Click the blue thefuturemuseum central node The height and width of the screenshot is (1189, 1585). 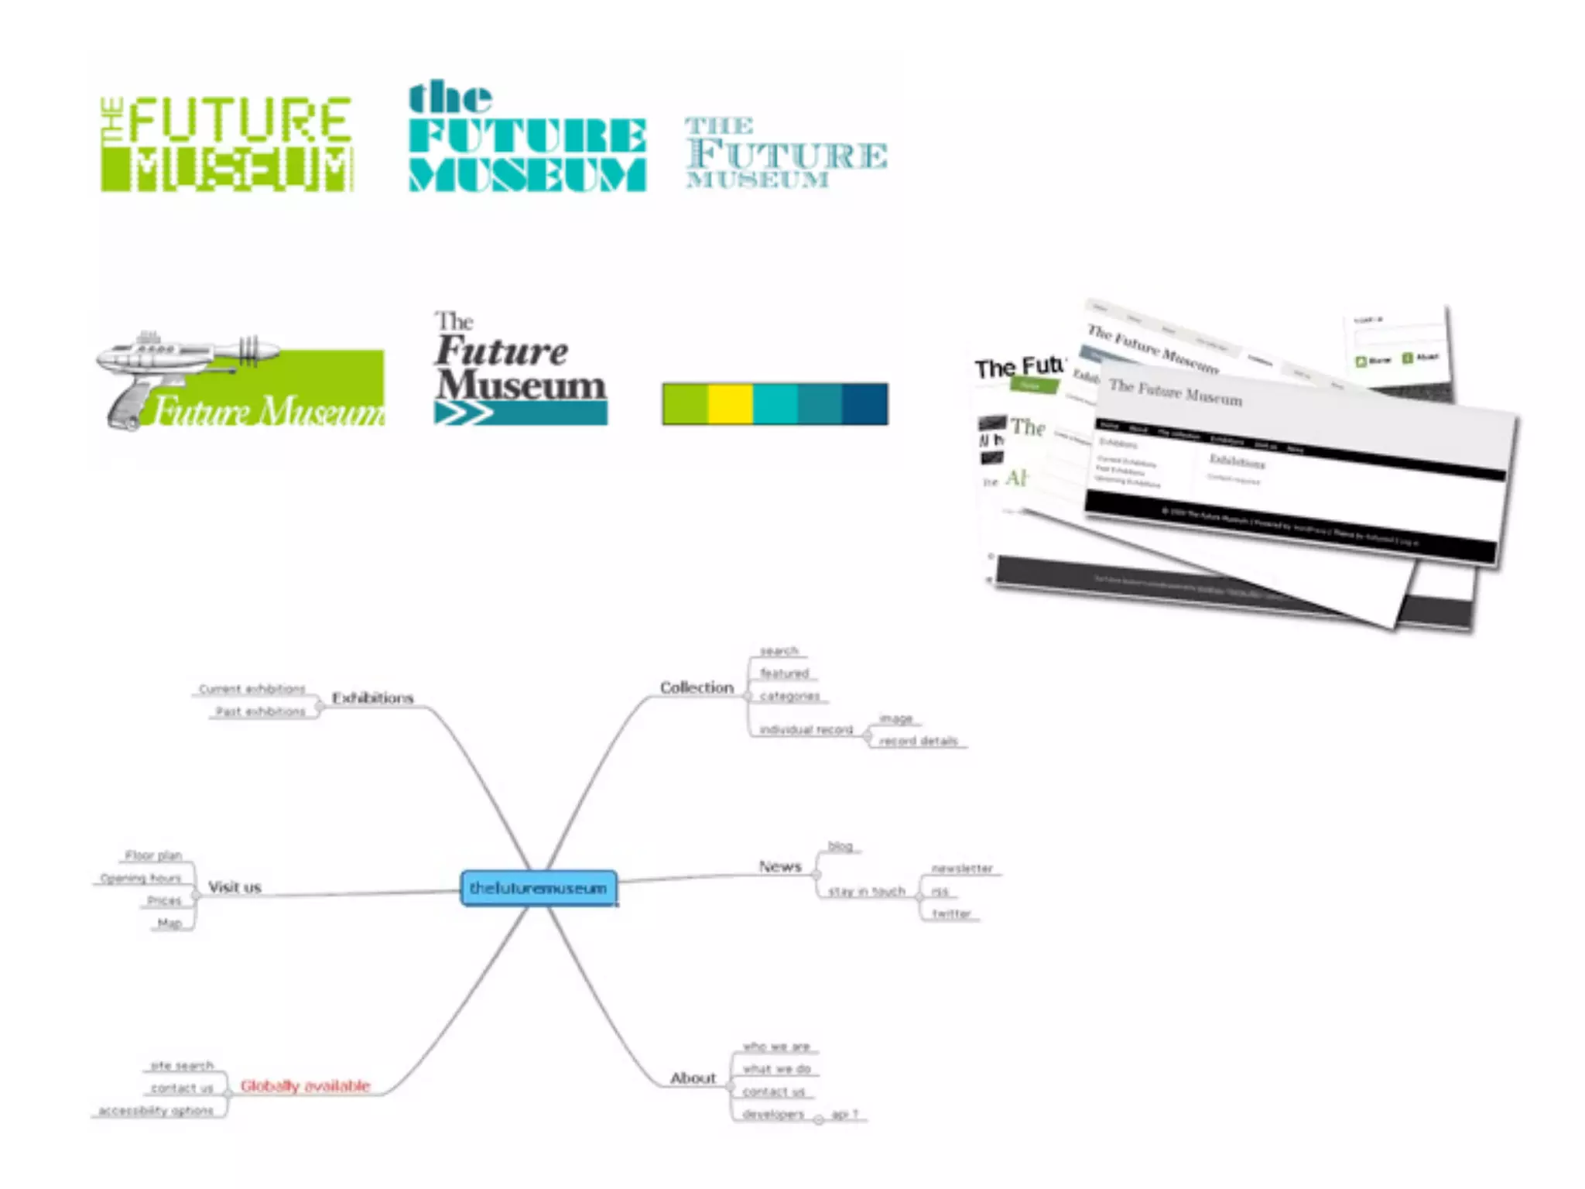coord(539,888)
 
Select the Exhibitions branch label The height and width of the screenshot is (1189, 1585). coord(373,697)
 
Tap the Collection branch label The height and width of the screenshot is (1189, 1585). coord(697,687)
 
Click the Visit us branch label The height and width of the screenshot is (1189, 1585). coord(234,887)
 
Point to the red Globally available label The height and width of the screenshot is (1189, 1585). coord(305,1086)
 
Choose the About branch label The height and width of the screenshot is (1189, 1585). coord(693,1078)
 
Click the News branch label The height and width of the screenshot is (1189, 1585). coord(779,866)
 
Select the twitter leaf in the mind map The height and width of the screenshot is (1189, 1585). coord(951,913)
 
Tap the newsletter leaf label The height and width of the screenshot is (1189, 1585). coord(961,869)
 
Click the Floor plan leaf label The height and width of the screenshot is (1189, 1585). coord(153,855)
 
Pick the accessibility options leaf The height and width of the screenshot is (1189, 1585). coord(156,1110)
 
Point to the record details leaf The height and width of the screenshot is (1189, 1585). coord(918,741)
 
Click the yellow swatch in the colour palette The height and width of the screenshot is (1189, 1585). coord(730,403)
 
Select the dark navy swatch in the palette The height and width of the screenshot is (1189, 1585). coord(864,403)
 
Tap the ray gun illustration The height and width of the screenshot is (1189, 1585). coord(178,372)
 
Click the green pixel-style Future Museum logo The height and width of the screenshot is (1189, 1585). coord(227,144)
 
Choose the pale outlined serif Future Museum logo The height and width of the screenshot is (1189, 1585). coord(786,153)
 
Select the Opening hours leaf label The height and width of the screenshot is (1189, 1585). coord(140,878)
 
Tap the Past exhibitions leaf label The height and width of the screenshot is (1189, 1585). coord(260,711)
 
